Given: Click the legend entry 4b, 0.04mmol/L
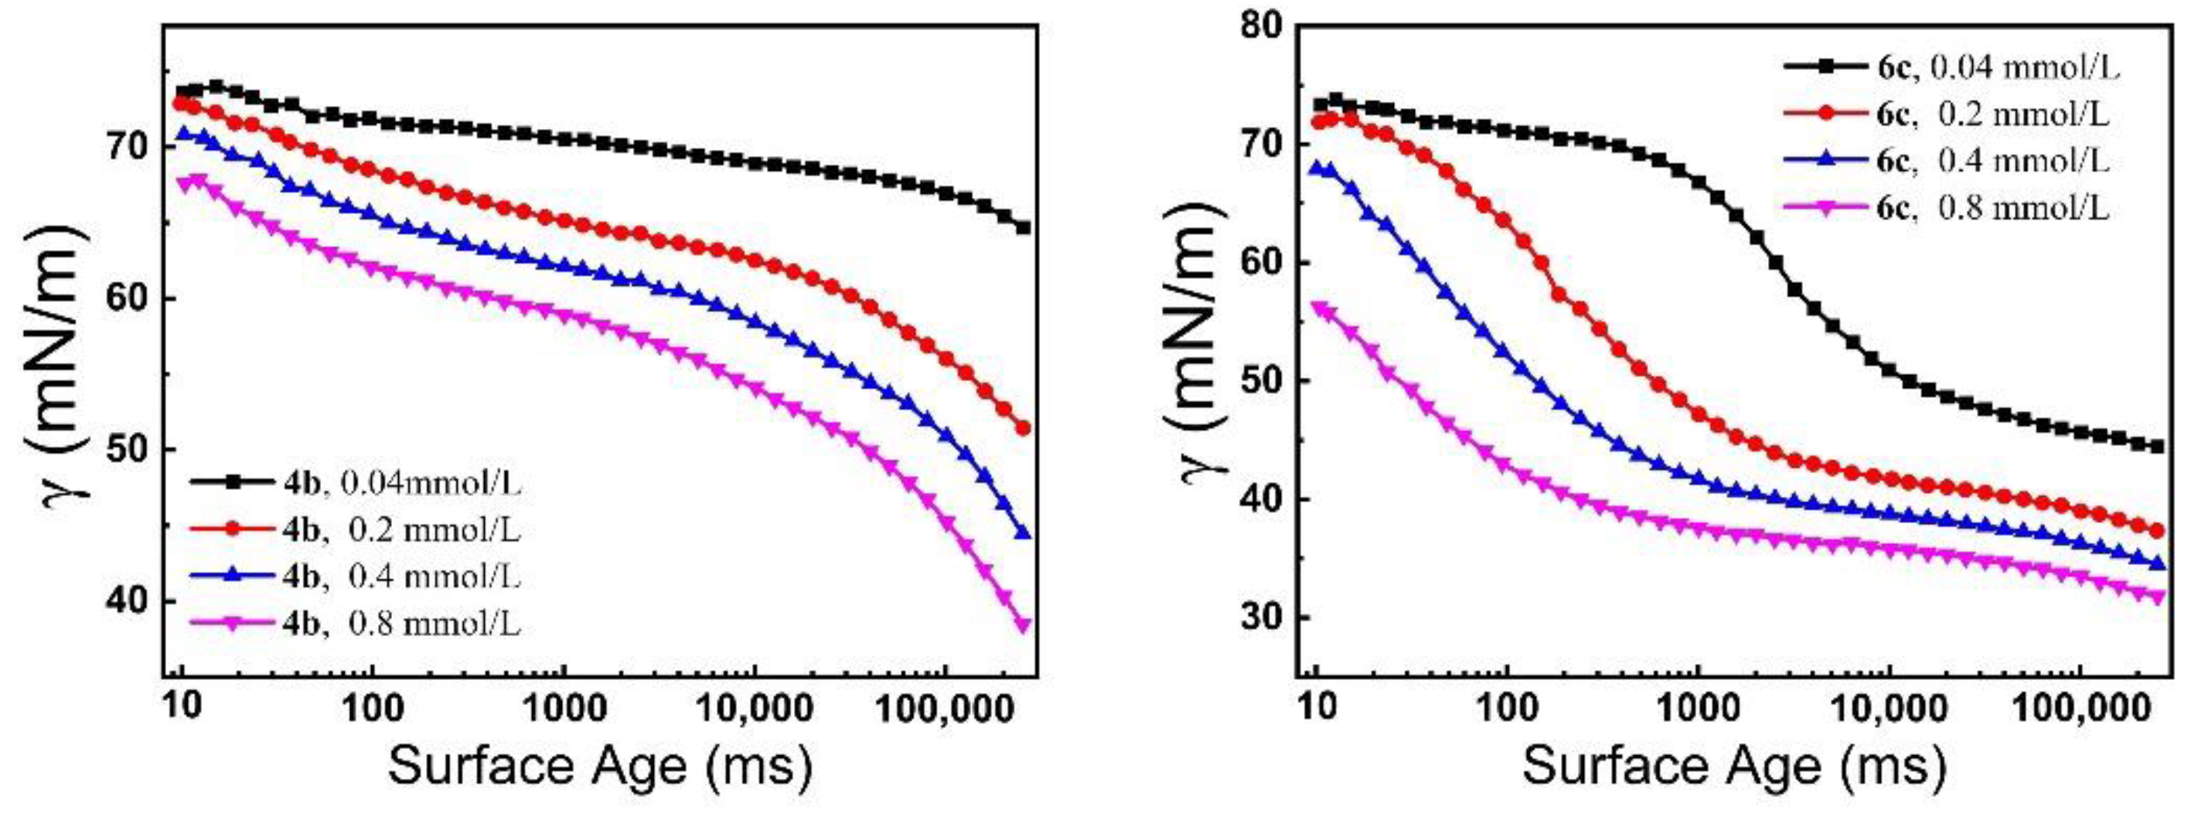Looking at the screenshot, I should tap(356, 482).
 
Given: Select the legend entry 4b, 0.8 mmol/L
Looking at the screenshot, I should tap(356, 624).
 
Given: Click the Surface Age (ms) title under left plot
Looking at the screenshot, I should tap(600, 765).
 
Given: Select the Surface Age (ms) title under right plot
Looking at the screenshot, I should tap(1733, 765).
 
